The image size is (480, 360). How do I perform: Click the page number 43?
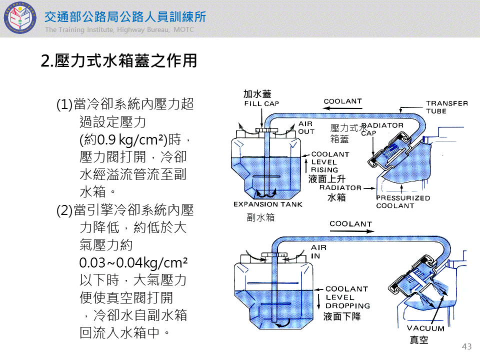coord(467,346)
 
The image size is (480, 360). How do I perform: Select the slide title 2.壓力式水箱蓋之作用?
coord(118,61)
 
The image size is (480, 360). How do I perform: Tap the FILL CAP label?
coord(261,104)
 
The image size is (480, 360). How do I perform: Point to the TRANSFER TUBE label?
coord(446,107)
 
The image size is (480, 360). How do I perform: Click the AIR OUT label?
coord(306,127)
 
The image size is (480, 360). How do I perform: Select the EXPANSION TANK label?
coord(267,204)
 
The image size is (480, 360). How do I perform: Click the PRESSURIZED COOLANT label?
coord(403,201)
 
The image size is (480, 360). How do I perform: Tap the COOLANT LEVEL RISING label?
coord(330,162)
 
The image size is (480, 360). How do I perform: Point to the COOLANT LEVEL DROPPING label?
coord(347,297)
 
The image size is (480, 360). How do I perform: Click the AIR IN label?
coord(318,251)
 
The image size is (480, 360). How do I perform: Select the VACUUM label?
coord(425,328)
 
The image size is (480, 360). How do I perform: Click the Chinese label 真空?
coord(419,340)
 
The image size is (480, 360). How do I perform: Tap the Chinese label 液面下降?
coord(341,316)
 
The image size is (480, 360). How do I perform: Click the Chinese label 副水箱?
coord(260,217)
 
